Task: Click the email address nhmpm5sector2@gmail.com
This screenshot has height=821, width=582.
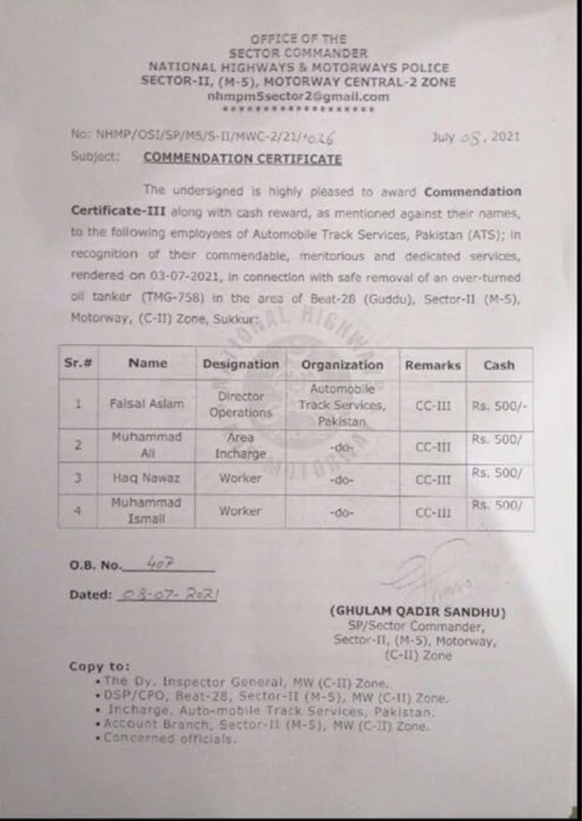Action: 298,96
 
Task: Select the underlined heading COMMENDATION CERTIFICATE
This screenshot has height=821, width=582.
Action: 242,158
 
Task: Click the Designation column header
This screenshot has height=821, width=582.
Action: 241,364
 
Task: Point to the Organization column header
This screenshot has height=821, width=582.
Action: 342,364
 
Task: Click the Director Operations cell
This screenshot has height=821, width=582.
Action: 241,404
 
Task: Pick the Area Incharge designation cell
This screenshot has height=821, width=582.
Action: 240,445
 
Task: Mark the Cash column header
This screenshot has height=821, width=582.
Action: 499,364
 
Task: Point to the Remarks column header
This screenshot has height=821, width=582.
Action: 433,365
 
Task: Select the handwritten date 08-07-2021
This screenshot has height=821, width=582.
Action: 169,594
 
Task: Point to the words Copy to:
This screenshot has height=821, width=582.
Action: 100,665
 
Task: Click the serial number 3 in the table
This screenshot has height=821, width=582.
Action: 79,478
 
